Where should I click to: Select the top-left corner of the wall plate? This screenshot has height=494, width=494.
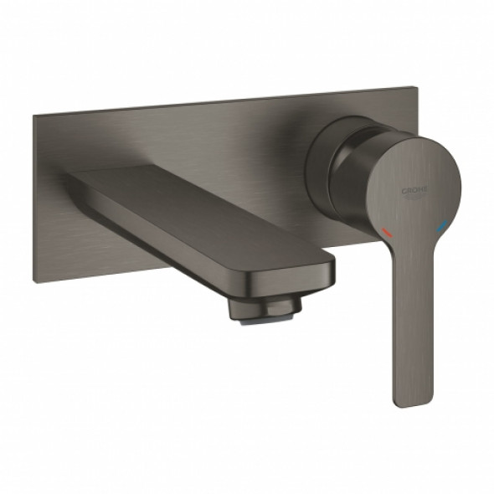click(x=36, y=116)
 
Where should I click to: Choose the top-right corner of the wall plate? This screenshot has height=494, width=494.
click(x=414, y=86)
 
